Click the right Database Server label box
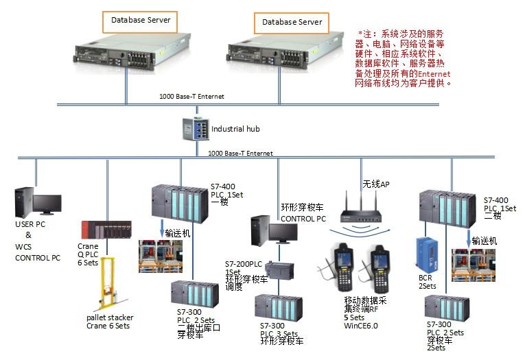tap(292, 22)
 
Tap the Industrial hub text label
tap(235, 129)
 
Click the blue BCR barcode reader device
tap(424, 255)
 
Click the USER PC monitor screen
tap(47, 204)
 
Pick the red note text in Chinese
tap(401, 58)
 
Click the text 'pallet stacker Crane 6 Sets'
tap(110, 322)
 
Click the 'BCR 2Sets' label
tap(428, 282)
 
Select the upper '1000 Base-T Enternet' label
tap(191, 97)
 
